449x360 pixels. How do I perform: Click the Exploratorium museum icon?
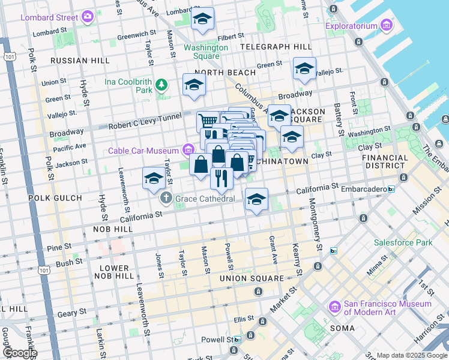(x=386, y=26)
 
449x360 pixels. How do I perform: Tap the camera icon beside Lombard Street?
(x=88, y=17)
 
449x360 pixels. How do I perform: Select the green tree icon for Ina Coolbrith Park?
(x=161, y=85)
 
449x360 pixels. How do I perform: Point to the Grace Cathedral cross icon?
(x=166, y=198)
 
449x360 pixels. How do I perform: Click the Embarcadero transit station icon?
(x=391, y=189)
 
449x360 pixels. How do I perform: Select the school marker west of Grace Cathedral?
(x=154, y=178)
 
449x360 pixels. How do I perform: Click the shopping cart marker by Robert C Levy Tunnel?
(x=208, y=121)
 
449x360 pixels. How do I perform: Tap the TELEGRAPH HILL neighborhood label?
(x=276, y=46)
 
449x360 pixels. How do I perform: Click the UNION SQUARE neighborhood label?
(x=252, y=278)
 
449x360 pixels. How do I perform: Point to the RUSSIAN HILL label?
(x=80, y=61)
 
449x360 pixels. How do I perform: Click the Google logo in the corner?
(x=19, y=352)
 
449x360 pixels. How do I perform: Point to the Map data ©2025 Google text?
(x=412, y=355)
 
